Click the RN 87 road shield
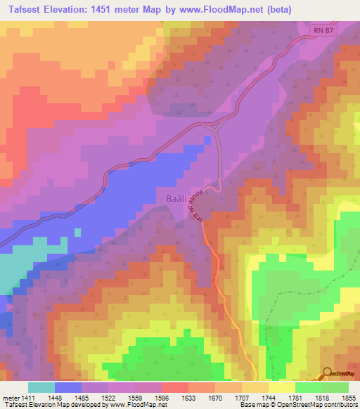coord(322,30)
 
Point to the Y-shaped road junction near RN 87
coord(214,125)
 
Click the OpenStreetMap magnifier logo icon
coord(327,373)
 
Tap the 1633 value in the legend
coord(188,398)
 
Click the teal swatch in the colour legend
coord(41,387)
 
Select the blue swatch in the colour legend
coord(68,387)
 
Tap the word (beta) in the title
coord(276,11)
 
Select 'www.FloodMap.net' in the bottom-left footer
coord(138,405)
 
